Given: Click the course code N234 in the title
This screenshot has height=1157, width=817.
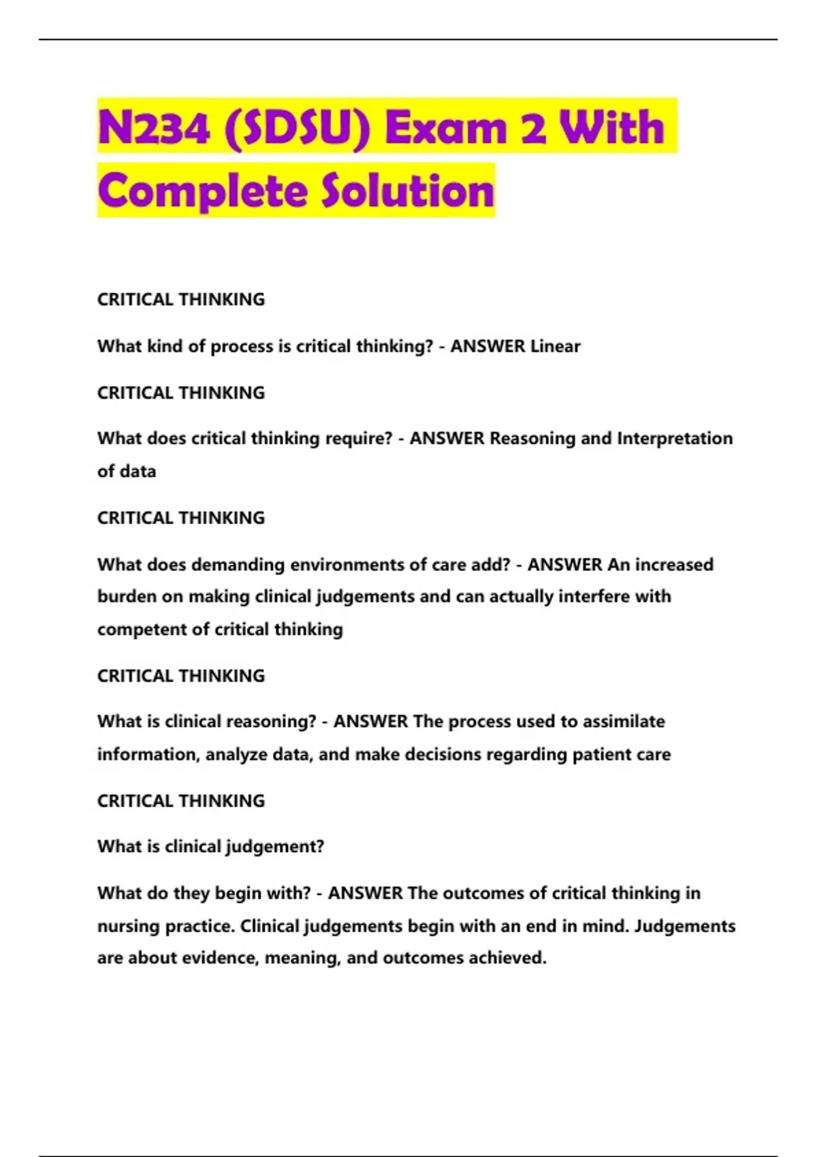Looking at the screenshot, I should click(x=154, y=127).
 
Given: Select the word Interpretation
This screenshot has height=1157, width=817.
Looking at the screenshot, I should click(x=675, y=438).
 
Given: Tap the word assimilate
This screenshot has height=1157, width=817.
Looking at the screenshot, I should click(x=623, y=721).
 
